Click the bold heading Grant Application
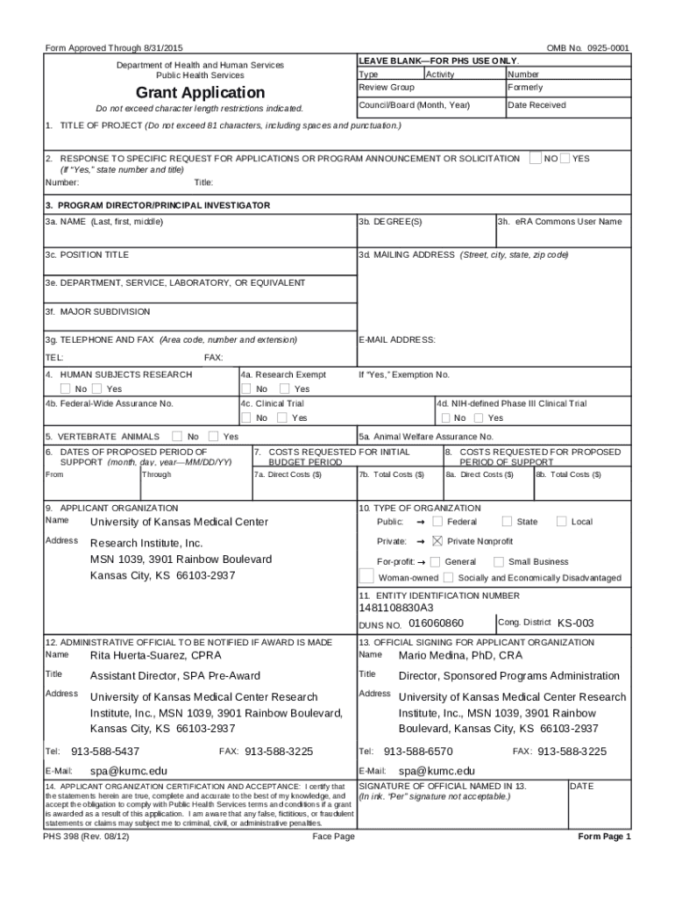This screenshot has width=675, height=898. tap(200, 93)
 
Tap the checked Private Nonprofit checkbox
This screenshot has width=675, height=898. tap(437, 541)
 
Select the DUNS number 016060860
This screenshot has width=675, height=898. tap(436, 623)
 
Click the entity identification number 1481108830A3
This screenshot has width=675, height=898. tap(395, 608)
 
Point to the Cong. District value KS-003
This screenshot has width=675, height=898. tap(576, 623)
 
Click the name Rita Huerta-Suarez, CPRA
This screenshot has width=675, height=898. tap(156, 655)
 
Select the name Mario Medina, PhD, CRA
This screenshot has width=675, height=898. tap(460, 655)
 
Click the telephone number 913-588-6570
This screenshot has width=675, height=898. tap(418, 752)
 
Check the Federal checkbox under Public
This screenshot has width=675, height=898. tap(437, 522)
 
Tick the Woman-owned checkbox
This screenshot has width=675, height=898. tap(367, 578)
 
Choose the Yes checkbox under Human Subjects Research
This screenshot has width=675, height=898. tap(97, 388)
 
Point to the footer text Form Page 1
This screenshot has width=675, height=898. tap(604, 837)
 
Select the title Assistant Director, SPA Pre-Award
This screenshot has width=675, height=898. tap(174, 676)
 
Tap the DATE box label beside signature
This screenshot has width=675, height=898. tap(582, 786)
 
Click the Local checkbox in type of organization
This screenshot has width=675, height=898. tap(561, 522)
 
